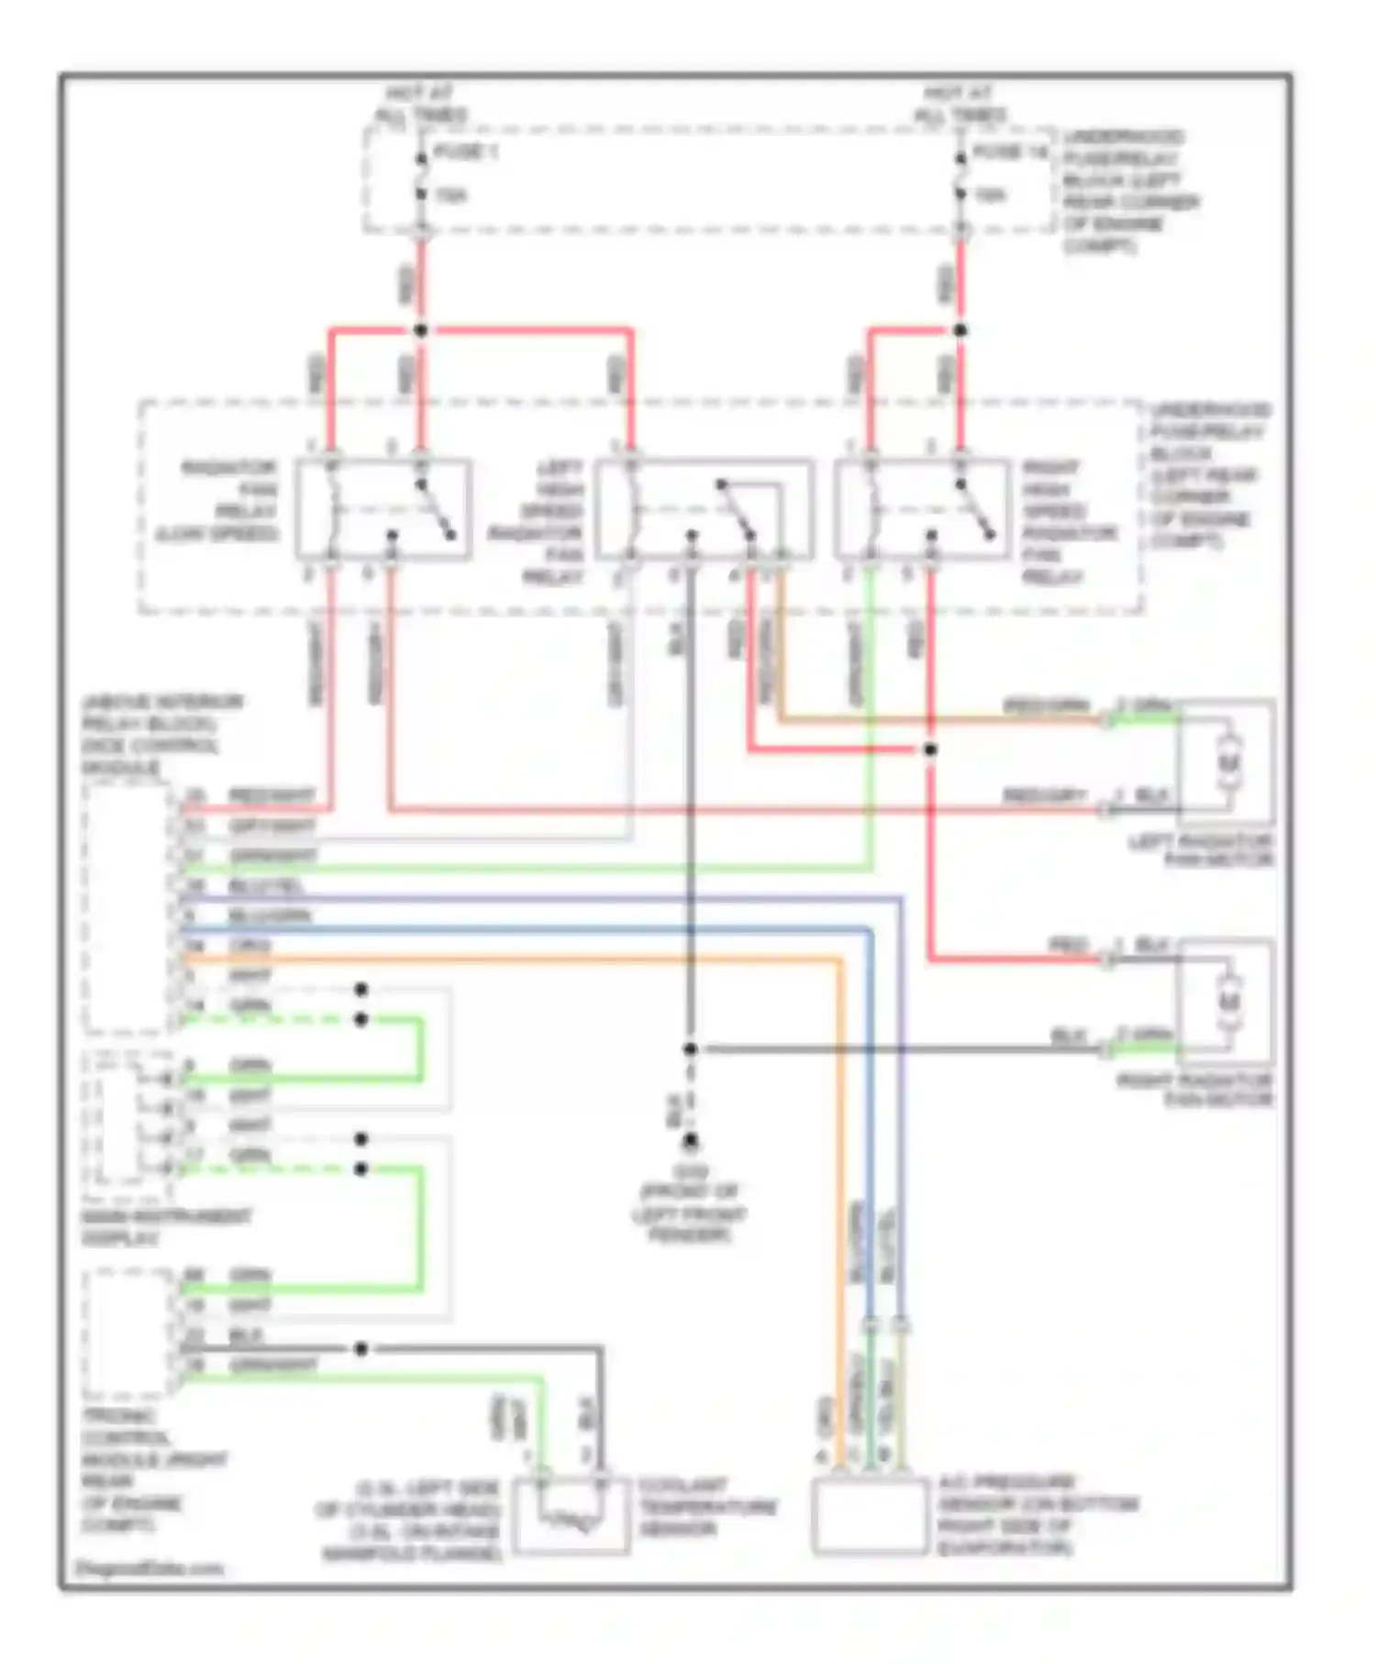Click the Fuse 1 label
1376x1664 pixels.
464,152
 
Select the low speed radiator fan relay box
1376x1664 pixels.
383,509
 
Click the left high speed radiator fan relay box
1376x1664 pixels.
704,509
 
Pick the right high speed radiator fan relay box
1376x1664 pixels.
922,509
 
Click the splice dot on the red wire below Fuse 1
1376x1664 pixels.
421,330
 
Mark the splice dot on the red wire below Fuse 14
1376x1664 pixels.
960,330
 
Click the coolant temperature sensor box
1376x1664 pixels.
571,1515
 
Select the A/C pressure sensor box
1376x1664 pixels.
870,1517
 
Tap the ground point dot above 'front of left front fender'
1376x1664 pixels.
690,1141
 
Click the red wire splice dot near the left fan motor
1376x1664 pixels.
929,749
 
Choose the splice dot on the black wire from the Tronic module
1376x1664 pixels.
361,1348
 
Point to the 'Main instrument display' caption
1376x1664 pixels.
165,1227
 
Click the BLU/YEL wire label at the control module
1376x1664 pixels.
266,886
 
